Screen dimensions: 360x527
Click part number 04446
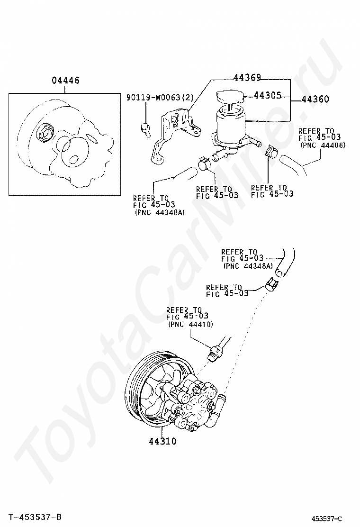(65, 81)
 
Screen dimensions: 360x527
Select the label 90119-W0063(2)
(160, 98)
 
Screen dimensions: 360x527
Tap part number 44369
(247, 78)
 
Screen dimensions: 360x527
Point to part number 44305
(267, 95)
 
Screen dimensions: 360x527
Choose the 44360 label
(315, 99)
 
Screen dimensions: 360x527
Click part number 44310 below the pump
(162, 441)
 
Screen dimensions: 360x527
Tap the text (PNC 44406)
(323, 145)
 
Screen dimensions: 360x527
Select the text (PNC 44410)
(191, 324)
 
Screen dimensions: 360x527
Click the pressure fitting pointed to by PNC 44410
(215, 351)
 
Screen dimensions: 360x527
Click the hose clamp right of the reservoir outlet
(272, 152)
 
